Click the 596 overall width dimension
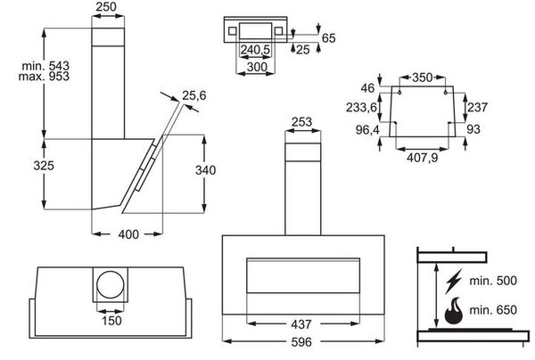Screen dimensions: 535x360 [301, 342]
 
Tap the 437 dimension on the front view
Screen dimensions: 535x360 [301, 324]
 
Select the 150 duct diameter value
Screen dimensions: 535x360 [111, 321]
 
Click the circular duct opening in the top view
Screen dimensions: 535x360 [111, 284]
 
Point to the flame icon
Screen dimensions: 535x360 [454, 310]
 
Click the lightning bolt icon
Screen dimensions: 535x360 [454, 282]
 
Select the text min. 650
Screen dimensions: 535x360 [493, 310]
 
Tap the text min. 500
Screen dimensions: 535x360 [493, 281]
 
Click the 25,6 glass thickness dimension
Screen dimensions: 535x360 [194, 95]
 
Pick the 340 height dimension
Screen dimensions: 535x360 [205, 170]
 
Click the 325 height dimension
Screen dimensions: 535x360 [44, 166]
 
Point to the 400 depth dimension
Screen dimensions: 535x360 [128, 234]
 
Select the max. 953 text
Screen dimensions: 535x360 [44, 76]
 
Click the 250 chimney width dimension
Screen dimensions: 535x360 [106, 6]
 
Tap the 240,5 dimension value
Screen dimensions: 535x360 [255, 50]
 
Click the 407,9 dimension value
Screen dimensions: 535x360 [423, 158]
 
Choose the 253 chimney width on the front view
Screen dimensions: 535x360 [302, 122]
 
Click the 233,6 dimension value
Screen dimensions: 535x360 [362, 108]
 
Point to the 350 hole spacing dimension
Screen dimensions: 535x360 [423, 78]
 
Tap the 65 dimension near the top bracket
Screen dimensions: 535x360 [328, 37]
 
